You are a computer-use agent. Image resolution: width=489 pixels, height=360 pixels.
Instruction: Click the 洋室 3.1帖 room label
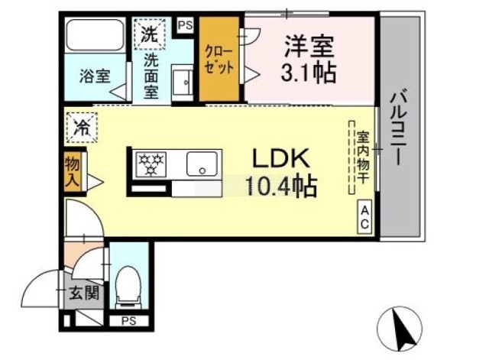pyautogui.click(x=309, y=59)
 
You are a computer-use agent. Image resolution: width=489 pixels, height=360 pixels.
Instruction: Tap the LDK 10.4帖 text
pyautogui.click(x=281, y=172)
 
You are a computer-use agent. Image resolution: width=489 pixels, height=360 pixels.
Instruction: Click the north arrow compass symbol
pyautogui.click(x=399, y=329)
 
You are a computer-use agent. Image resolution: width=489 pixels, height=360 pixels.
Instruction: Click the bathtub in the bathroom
pyautogui.click(x=95, y=34)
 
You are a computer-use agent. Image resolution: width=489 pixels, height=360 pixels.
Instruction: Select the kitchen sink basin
pyautogui.click(x=202, y=164)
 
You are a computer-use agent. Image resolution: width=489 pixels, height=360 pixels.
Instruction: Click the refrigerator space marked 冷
pyautogui.click(x=82, y=128)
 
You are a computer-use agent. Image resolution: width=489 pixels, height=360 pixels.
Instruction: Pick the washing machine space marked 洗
pyautogui.click(x=150, y=34)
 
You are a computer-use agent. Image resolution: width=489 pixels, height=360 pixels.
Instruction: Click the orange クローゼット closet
pyautogui.click(x=219, y=59)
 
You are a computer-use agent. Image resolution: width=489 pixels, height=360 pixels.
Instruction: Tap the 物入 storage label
pyautogui.click(x=72, y=171)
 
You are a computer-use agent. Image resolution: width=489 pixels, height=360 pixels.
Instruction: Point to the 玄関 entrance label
pyautogui.click(x=84, y=293)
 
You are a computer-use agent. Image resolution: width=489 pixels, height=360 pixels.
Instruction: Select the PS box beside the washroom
pyautogui.click(x=185, y=25)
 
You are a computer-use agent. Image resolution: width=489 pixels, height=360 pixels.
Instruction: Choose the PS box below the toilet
pyautogui.click(x=129, y=321)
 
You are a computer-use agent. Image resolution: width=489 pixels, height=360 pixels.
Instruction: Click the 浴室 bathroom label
pyautogui.click(x=95, y=76)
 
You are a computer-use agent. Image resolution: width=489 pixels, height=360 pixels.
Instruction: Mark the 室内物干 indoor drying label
pyautogui.click(x=363, y=157)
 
